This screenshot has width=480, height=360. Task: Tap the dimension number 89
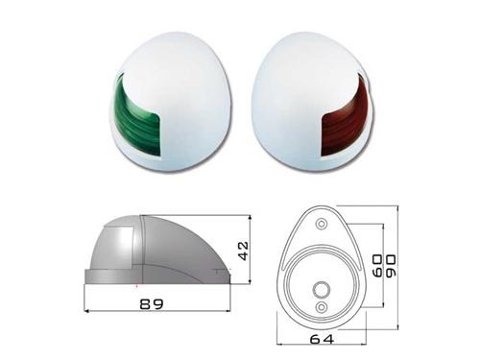[x=152, y=303]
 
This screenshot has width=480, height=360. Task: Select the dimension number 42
[x=243, y=251]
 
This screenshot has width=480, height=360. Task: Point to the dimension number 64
[x=322, y=339]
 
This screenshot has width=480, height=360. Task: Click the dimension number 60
[x=377, y=265]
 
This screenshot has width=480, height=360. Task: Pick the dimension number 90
[x=391, y=266]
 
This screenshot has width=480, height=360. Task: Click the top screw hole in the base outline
[x=322, y=224]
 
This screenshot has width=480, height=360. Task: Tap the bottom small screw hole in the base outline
[x=322, y=307]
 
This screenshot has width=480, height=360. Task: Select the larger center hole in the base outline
[x=321, y=290]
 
